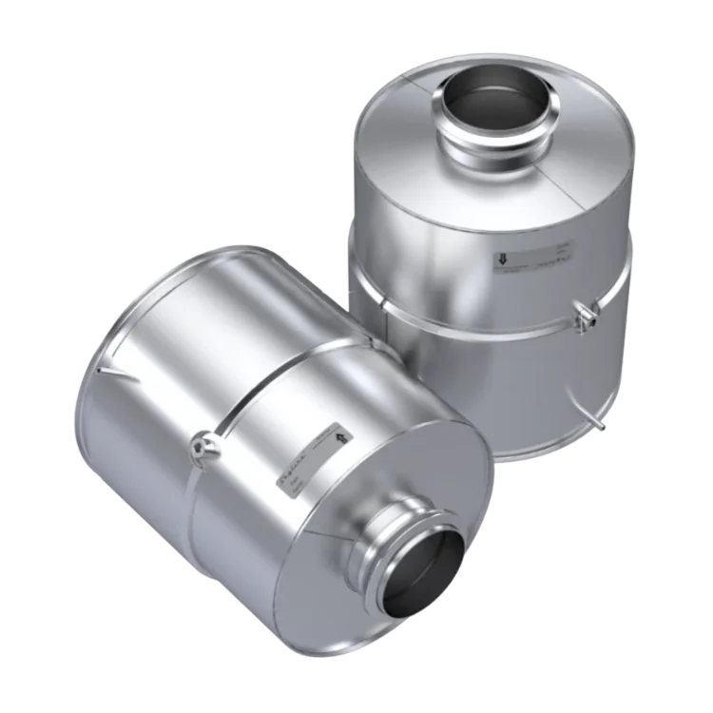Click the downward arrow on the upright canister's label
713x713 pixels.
click(501, 258)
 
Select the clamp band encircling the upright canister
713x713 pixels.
click(475, 318)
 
